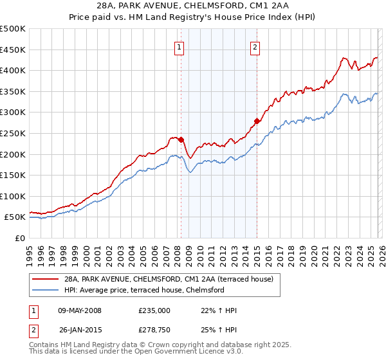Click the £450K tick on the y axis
coord(13,50)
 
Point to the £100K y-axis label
coord(13,196)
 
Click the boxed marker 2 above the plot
coord(255,46)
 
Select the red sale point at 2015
coord(257,121)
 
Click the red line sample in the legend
coord(45,279)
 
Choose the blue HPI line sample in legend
coord(45,290)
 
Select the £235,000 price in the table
coord(154,310)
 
